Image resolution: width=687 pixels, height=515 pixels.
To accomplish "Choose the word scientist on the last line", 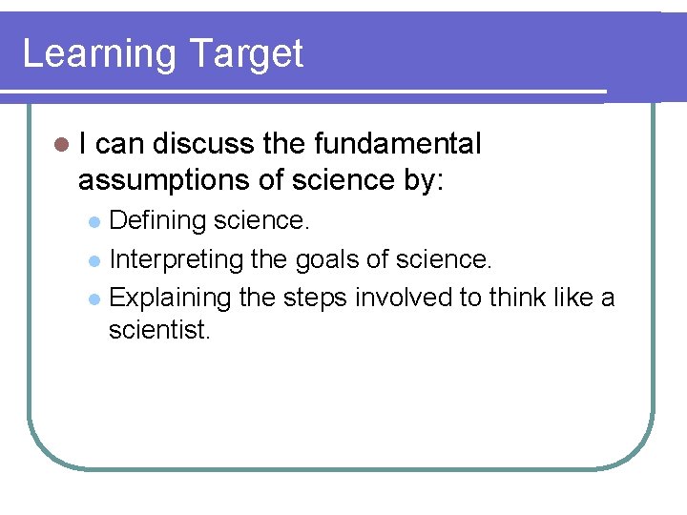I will [158, 331].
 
